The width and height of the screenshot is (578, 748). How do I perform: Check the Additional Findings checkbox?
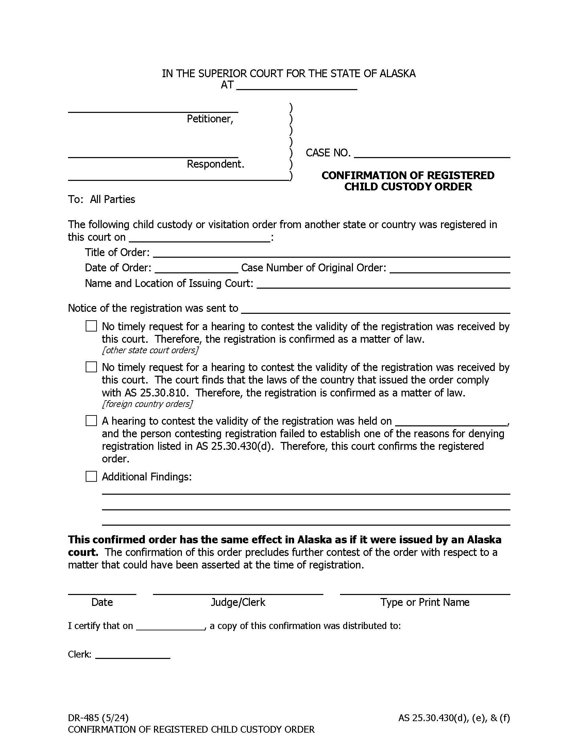[91, 476]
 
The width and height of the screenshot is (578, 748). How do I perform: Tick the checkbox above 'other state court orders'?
[91, 326]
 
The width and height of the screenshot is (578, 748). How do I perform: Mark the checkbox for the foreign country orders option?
[91, 367]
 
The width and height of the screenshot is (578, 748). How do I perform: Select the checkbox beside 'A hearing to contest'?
[91, 421]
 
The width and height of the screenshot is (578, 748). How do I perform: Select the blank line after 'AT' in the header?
[296, 86]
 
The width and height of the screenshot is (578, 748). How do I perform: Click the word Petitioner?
[209, 119]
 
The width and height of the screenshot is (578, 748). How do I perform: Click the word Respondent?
[215, 164]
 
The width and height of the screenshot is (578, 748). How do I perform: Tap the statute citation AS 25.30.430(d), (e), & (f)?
[454, 717]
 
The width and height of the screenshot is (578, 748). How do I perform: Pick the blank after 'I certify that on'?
[170, 626]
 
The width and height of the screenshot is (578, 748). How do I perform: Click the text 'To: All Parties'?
[101, 199]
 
